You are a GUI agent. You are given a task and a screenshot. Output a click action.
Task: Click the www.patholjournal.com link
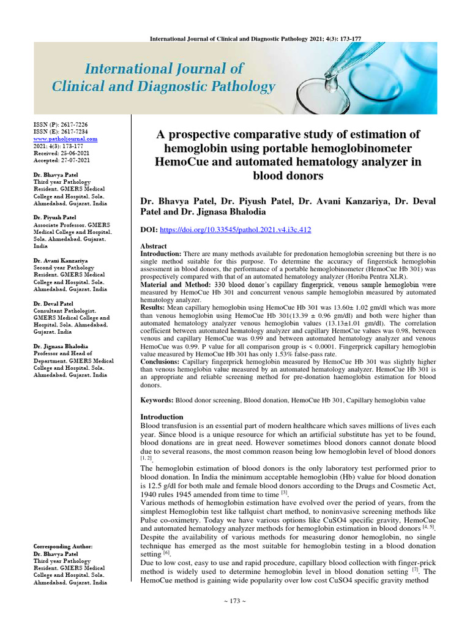point(65,139)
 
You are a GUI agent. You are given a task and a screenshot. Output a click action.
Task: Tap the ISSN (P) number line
point(64,124)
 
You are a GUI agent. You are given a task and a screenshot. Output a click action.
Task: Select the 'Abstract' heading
point(154,246)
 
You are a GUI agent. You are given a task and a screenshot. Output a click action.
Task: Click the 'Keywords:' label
point(157,399)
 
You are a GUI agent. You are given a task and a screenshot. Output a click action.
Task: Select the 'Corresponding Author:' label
point(63,546)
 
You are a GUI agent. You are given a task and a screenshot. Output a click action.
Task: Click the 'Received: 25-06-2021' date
point(61,153)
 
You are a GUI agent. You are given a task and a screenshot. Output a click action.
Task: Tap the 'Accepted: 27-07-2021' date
point(61,160)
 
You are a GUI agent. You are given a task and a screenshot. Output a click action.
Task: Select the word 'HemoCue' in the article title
point(186,162)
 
